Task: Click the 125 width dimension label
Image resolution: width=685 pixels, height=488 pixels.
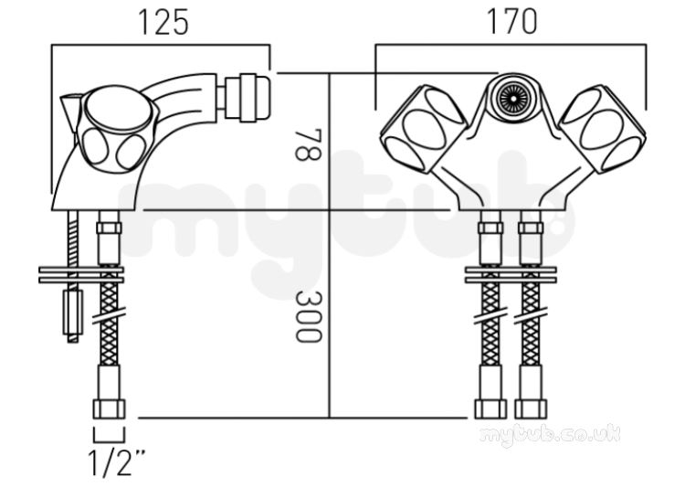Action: coord(163,22)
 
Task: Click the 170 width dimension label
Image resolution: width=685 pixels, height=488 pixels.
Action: coord(511,22)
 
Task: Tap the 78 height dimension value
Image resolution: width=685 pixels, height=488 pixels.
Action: coord(309,144)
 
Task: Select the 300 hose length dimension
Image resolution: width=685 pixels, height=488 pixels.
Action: coord(309,316)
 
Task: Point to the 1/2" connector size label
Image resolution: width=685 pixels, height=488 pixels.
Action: coord(117,463)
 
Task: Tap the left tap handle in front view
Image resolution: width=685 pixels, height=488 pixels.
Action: coord(423,128)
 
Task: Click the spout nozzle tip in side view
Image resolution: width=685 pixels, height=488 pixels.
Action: coord(248,97)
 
